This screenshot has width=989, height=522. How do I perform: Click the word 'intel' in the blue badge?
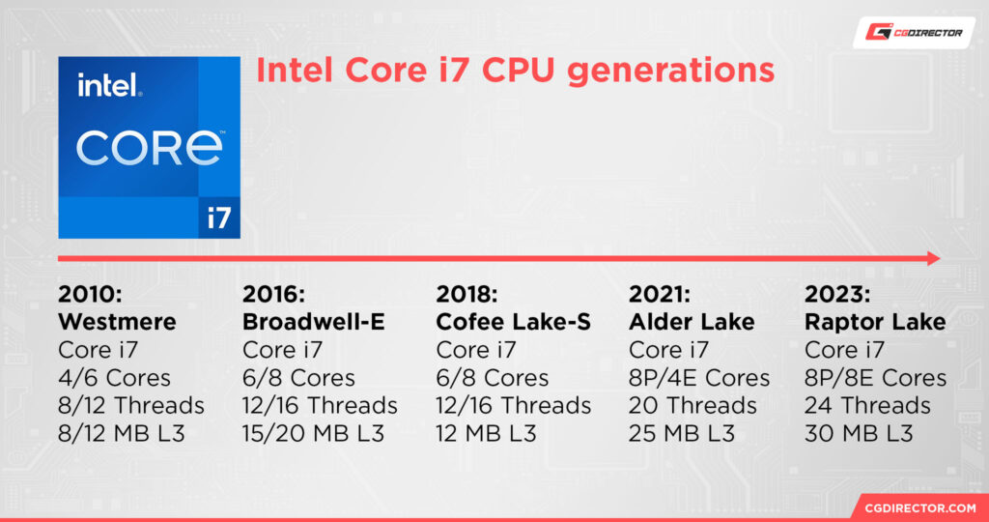(x=110, y=88)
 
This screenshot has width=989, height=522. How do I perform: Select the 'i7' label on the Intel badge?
(x=219, y=217)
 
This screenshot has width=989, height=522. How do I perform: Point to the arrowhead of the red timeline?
(x=934, y=258)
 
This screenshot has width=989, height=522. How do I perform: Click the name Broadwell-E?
(x=313, y=322)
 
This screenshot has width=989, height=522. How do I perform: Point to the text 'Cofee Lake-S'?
(x=514, y=322)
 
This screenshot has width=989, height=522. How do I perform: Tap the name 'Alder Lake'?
(x=691, y=322)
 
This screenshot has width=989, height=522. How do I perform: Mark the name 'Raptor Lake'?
(x=874, y=322)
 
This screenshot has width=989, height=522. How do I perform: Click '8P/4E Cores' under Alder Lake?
(x=699, y=378)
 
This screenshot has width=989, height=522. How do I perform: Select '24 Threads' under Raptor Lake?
(x=867, y=406)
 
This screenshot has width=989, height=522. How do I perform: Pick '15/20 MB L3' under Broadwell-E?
(x=313, y=434)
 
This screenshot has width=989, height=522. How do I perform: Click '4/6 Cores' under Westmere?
(x=114, y=378)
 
